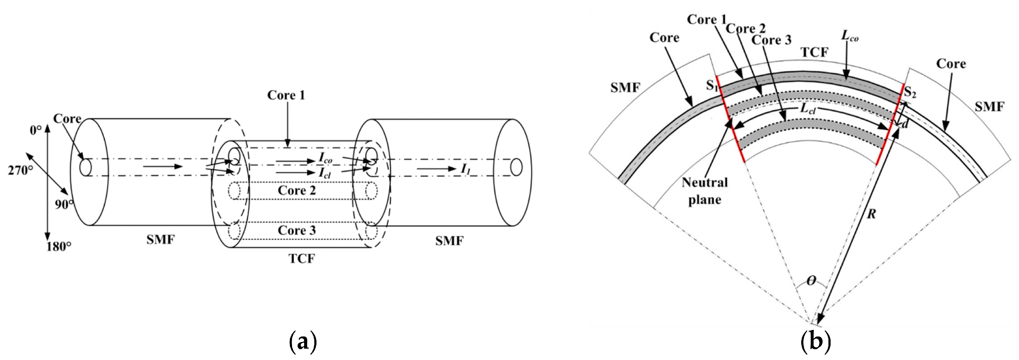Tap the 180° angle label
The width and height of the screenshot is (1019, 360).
[59, 246]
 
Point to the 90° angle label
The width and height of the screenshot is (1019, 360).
[64, 204]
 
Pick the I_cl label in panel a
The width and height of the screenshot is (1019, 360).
[325, 173]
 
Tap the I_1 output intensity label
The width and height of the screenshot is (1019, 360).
[466, 169]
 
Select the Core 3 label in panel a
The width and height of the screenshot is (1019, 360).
[297, 230]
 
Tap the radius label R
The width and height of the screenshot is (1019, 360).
[871, 214]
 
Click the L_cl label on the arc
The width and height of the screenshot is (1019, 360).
[807, 109]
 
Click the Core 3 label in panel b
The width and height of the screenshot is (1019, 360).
[772, 40]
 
